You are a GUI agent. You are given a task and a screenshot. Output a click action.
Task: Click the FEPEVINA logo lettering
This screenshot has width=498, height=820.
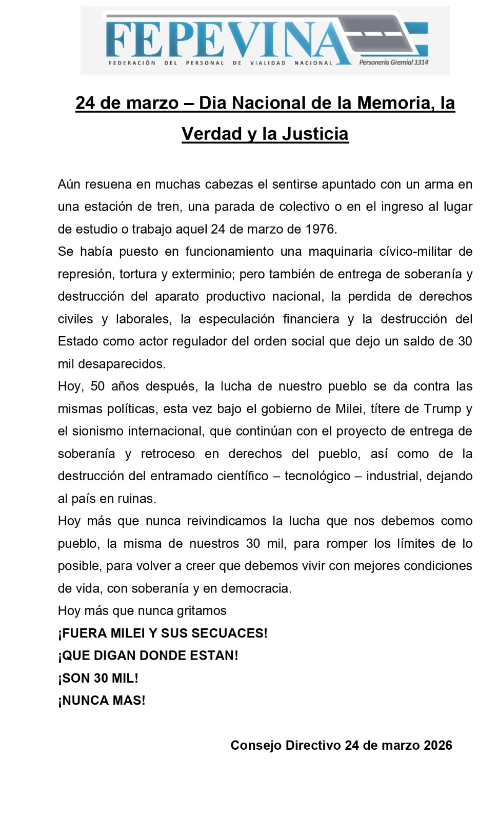pyautogui.click(x=226, y=40)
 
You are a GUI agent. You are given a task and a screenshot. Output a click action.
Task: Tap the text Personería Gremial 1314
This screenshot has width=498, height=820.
pyautogui.click(x=393, y=62)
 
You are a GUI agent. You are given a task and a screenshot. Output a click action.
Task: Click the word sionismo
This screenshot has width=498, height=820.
pyautogui.click(x=98, y=432)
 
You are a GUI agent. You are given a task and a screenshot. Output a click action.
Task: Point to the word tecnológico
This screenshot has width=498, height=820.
pyautogui.click(x=317, y=476)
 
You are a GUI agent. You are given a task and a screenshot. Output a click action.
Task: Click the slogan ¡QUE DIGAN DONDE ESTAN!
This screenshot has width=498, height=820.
pyautogui.click(x=148, y=656)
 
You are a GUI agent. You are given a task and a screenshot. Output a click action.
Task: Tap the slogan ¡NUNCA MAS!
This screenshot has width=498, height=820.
pyautogui.click(x=102, y=701)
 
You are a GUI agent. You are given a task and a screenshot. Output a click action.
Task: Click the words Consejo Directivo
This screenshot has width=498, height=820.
pyautogui.click(x=285, y=746)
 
